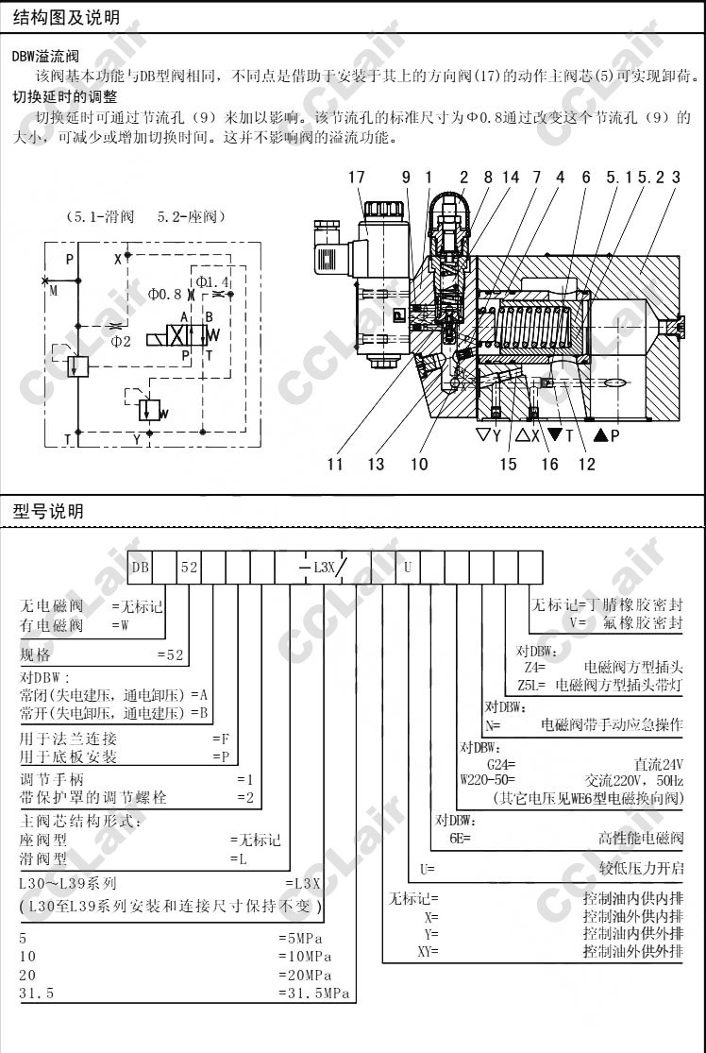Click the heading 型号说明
tap(48, 511)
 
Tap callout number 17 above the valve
tap(356, 177)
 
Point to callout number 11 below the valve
tap(336, 463)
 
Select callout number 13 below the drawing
tap(377, 463)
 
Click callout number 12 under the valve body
tap(588, 463)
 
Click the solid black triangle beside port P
tap(601, 434)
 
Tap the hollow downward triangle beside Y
tap(484, 434)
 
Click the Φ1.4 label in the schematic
tap(212, 281)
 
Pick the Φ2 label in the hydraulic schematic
tap(121, 340)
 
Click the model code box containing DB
tap(141, 568)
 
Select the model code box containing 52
tap(190, 568)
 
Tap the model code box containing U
tap(408, 568)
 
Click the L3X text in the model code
tap(325, 568)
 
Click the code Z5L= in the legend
tap(530, 685)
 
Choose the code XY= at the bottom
tap(427, 951)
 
